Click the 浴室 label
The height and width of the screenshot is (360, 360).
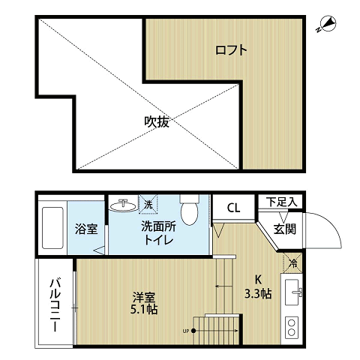coord(85,229)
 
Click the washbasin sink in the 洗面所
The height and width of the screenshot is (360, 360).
coord(124,205)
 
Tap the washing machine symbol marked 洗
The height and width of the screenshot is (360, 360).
coord(149,204)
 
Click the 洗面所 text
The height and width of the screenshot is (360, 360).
coord(158,226)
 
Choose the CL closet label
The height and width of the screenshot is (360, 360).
coord(232,208)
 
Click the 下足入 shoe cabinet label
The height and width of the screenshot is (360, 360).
coord(283,202)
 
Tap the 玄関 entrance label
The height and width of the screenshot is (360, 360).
coord(283,229)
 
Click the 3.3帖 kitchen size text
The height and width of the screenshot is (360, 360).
coord(257,292)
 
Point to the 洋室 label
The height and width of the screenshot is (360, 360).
coord(144,295)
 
